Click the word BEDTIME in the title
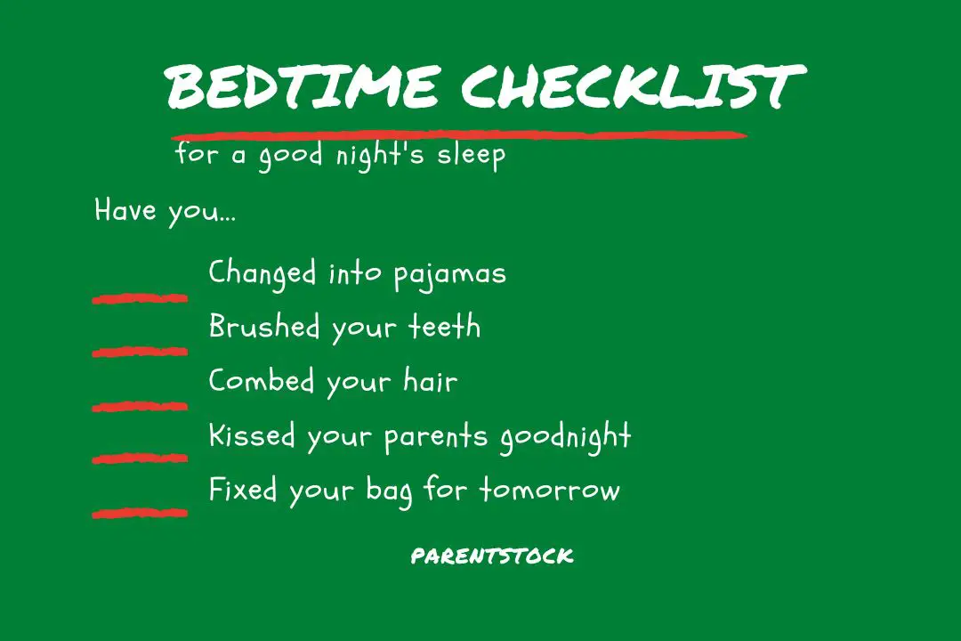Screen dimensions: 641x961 pyautogui.click(x=302, y=86)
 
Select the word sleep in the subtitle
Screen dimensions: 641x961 pyautogui.click(x=471, y=156)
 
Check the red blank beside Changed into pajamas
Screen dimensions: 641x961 pyautogui.click(x=140, y=298)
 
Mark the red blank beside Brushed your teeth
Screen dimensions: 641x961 pyautogui.click(x=140, y=352)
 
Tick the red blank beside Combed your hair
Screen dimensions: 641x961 pyautogui.click(x=140, y=406)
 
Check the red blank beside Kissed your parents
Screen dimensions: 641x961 pyautogui.click(x=140, y=458)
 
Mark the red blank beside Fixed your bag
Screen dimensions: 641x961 pyautogui.click(x=140, y=512)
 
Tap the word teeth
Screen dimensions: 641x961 pyautogui.click(x=445, y=327)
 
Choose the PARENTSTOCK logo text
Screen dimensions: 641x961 pyautogui.click(x=492, y=556)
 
